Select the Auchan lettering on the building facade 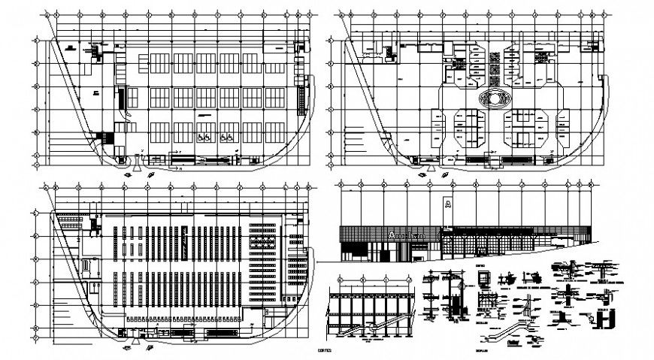pyautogui.click(x=407, y=235)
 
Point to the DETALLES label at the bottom pyautogui.click(x=481, y=350)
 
